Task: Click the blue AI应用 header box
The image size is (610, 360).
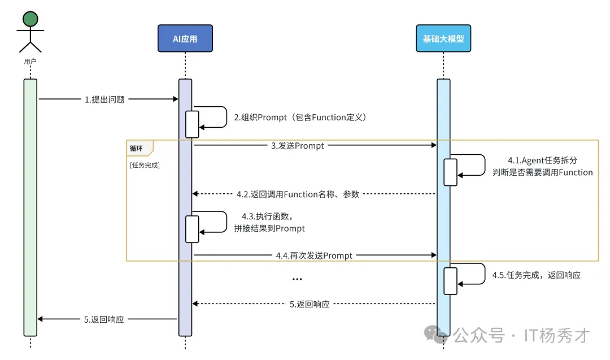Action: click(185, 39)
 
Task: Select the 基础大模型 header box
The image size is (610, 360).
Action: click(443, 39)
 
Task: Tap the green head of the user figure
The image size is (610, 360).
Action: click(30, 19)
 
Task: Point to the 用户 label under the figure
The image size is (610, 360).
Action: click(30, 60)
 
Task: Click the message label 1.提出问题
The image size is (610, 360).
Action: click(104, 99)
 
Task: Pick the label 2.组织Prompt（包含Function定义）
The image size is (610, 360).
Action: click(300, 118)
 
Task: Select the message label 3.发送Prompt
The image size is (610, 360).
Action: click(297, 146)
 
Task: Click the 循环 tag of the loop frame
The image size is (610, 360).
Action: click(136, 148)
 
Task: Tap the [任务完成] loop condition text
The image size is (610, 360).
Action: click(145, 165)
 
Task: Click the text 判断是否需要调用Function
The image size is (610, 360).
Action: click(543, 172)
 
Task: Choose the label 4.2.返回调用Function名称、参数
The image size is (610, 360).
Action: click(298, 194)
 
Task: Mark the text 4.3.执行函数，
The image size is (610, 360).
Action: click(267, 216)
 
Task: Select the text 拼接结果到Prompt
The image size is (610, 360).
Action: click(269, 228)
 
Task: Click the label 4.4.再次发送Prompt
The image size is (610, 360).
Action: click(314, 255)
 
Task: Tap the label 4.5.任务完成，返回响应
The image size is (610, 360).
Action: click(536, 275)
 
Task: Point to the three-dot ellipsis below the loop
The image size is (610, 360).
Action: click(297, 279)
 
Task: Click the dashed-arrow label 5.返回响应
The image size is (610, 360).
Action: click(310, 304)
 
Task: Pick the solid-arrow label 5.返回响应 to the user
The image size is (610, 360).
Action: click(104, 319)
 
